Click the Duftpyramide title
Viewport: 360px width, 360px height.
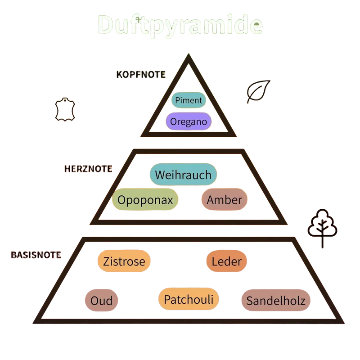180,25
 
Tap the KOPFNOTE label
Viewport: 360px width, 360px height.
141,75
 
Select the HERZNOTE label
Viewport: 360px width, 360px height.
88,169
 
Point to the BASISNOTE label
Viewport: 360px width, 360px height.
36,255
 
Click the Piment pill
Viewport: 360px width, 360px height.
189,100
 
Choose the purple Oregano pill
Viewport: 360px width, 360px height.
189,121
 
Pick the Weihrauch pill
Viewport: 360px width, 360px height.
183,175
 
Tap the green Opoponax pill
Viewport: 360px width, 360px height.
145,199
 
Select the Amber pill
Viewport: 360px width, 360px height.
224,199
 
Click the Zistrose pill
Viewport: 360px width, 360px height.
124,261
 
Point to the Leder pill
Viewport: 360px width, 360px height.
227,261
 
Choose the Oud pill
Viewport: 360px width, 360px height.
102,300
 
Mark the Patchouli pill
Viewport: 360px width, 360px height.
189,299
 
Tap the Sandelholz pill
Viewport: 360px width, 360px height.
276,300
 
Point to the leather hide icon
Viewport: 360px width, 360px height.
65,109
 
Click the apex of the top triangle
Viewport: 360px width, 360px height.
189,54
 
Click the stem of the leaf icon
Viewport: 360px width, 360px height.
249,99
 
